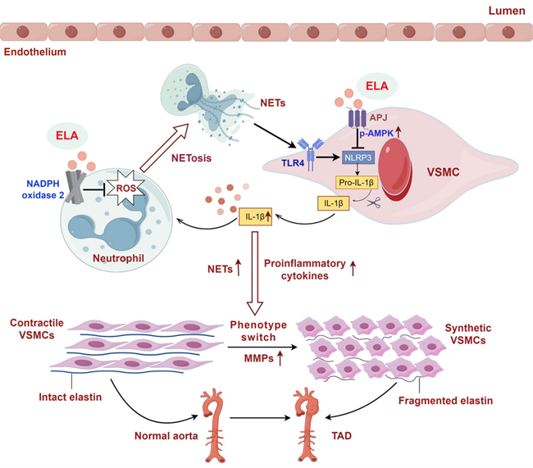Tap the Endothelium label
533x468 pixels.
35,52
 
